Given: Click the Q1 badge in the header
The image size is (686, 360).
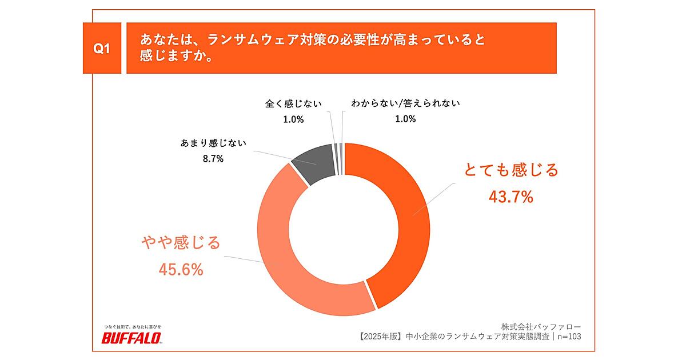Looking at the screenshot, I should pos(101,49).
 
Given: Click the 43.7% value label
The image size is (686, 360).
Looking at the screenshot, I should pos(510,197).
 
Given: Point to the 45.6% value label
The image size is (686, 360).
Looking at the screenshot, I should pos(181,270).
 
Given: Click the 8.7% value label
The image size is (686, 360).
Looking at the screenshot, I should pos(213,159).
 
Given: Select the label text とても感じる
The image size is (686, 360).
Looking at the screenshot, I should pos(510,170).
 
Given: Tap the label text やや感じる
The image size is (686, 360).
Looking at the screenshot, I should pos(181,242).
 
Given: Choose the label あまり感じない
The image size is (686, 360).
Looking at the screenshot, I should pos(213,143).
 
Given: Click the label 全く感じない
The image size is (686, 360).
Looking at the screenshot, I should pos(293,104).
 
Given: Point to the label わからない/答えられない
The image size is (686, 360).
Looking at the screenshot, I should pos(406,104).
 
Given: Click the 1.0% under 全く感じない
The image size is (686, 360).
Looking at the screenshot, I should pos(293,119).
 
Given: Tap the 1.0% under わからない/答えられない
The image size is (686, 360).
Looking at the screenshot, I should pos(405,119).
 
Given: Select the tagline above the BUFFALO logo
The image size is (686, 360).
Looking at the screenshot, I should pos(131,326).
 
